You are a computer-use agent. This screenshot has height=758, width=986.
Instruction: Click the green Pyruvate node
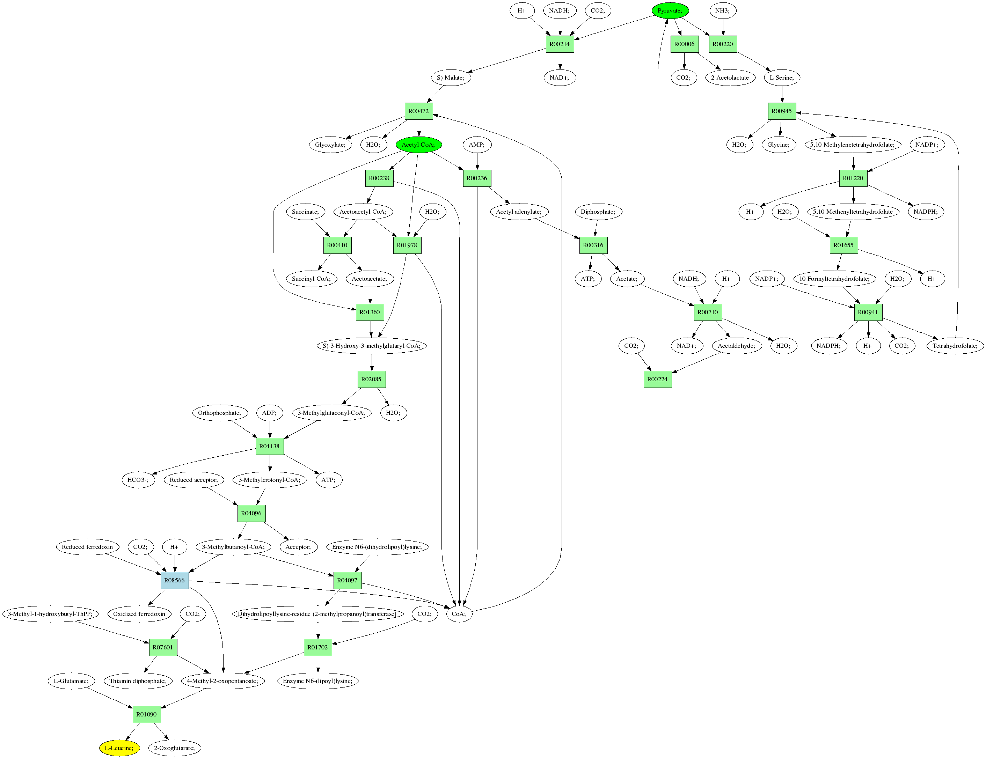pyautogui.click(x=670, y=10)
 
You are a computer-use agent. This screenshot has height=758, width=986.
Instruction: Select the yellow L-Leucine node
pyautogui.click(x=119, y=748)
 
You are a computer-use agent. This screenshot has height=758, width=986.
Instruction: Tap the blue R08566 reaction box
pyautogui.click(x=175, y=580)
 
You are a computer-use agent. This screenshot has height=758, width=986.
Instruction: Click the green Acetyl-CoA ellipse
pyautogui.click(x=418, y=145)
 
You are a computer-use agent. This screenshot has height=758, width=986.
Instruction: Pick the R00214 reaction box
pyautogui.click(x=560, y=44)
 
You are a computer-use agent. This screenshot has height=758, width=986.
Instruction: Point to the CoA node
pyautogui.click(x=459, y=613)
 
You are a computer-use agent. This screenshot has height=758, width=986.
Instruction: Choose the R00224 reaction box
pyautogui.click(x=657, y=379)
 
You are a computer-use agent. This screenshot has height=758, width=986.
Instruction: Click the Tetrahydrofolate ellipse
pyautogui.click(x=955, y=346)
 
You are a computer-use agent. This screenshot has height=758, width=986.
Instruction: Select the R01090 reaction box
pyautogui.click(x=147, y=714)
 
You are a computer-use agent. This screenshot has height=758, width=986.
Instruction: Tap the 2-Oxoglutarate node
pyautogui.click(x=175, y=748)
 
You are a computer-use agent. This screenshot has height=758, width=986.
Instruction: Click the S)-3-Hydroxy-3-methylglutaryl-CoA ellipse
pyautogui.click(x=371, y=346)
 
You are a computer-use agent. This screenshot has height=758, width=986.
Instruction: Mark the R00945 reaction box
pyautogui.click(x=782, y=111)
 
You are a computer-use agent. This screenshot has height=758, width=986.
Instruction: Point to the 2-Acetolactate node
pyautogui.click(x=730, y=78)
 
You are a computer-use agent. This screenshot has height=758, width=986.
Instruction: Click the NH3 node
pyautogui.click(x=722, y=10)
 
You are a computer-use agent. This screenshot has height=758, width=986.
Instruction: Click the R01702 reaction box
pyautogui.click(x=318, y=647)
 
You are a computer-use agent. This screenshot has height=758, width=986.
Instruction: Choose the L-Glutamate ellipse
pyautogui.click(x=71, y=681)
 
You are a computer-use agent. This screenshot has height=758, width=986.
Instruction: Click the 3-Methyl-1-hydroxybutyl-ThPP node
pyautogui.click(x=50, y=613)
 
